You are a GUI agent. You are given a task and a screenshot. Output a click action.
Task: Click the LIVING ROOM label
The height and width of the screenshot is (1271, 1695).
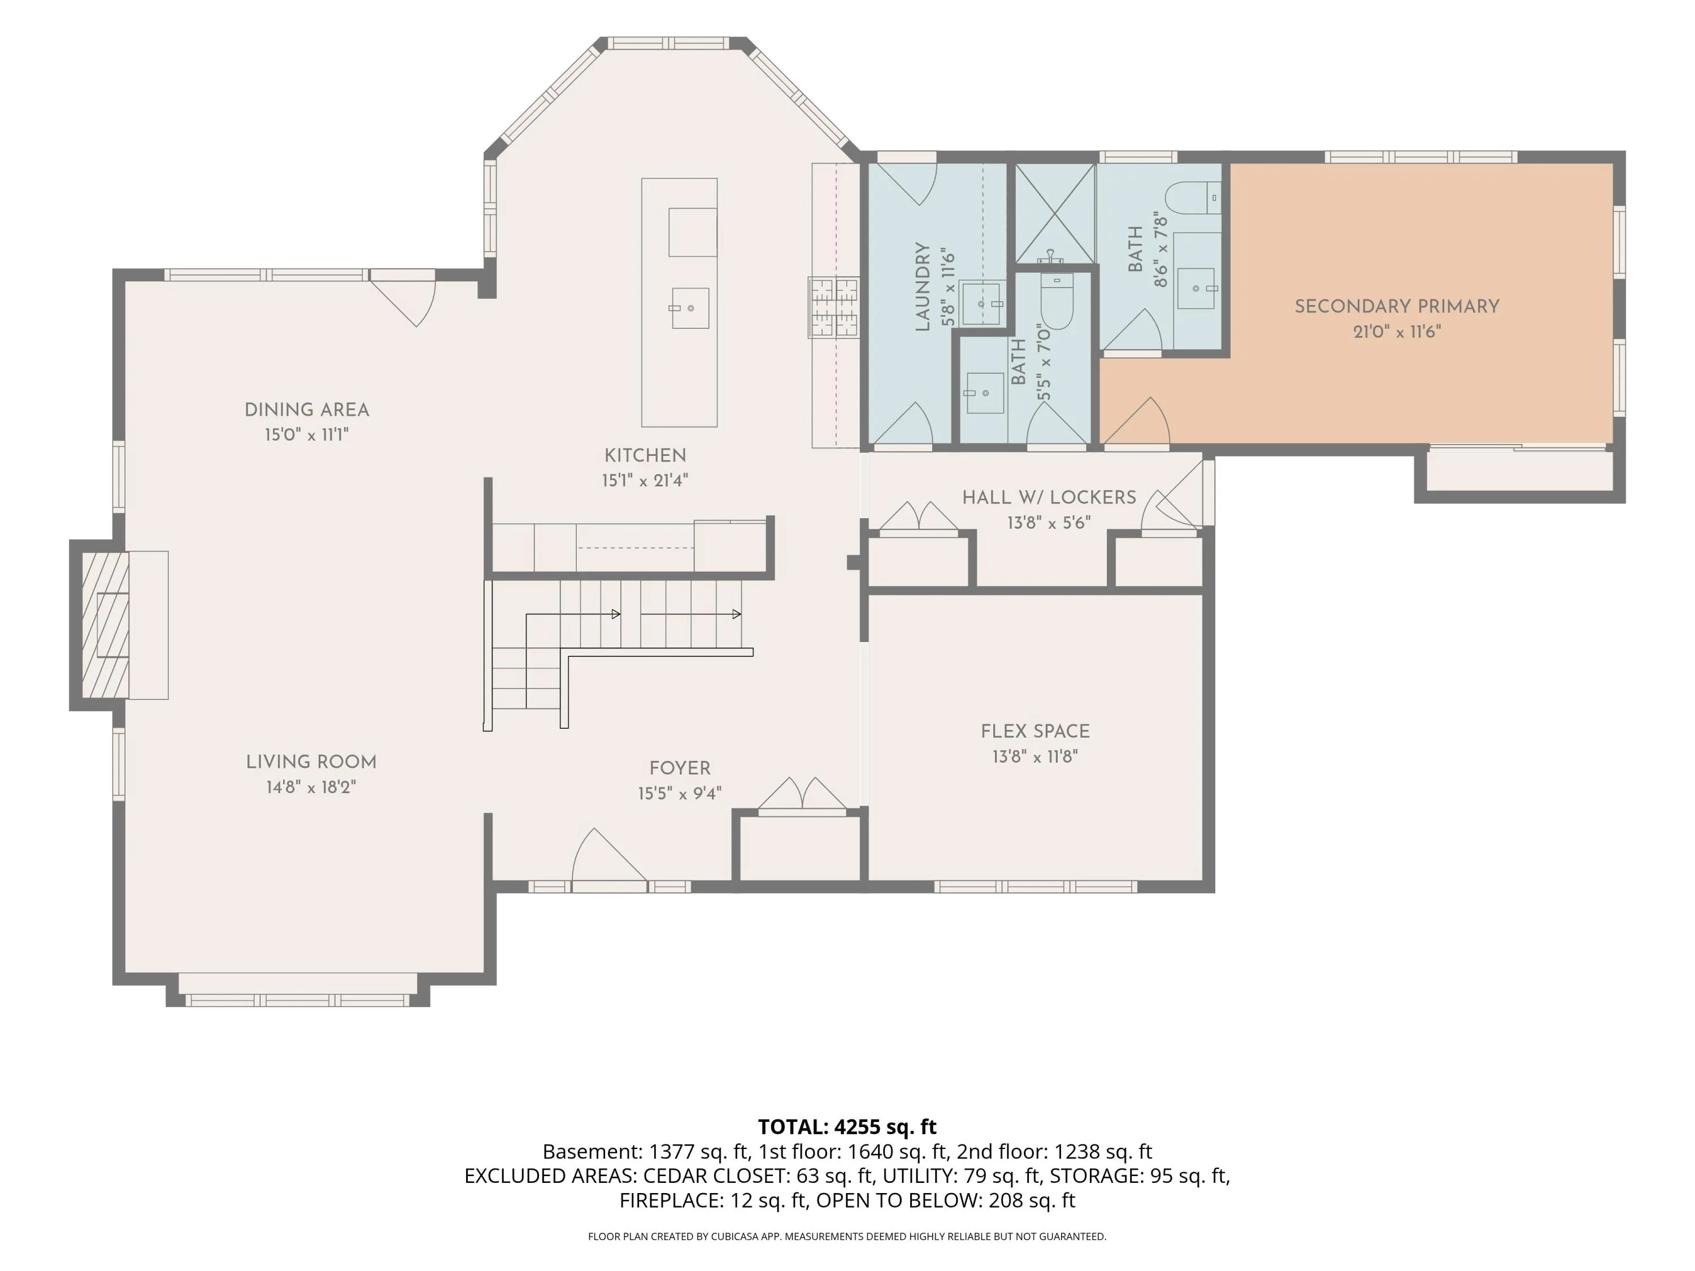pyautogui.click(x=311, y=762)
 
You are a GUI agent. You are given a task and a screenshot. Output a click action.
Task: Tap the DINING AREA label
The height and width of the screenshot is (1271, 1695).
pyautogui.click(x=306, y=410)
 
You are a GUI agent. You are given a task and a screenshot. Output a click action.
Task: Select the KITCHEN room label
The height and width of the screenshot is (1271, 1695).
pyautogui.click(x=645, y=455)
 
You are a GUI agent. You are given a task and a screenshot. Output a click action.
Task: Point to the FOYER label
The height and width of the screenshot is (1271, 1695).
pyautogui.click(x=680, y=768)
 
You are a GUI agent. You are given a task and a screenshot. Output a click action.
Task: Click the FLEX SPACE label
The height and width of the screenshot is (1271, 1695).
pyautogui.click(x=1035, y=732)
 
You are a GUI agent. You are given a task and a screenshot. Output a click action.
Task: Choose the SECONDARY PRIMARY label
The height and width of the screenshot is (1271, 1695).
pyautogui.click(x=1397, y=306)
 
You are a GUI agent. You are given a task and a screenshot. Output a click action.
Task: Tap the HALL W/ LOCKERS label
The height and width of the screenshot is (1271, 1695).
pyautogui.click(x=1049, y=497)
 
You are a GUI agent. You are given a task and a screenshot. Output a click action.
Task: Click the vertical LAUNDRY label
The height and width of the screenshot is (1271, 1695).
pyautogui.click(x=923, y=286)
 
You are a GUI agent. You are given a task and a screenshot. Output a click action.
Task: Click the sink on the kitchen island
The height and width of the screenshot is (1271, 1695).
pyautogui.click(x=690, y=308)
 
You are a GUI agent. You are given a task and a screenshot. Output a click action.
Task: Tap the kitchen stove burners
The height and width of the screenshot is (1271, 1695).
pyautogui.click(x=834, y=307)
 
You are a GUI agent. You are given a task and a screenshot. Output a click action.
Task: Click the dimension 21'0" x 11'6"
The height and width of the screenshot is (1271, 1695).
pyautogui.click(x=1397, y=332)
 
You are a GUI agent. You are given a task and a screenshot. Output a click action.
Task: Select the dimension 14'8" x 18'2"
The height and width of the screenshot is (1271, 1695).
pyautogui.click(x=311, y=787)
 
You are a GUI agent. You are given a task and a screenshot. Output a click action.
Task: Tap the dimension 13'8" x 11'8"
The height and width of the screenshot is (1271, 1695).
pyautogui.click(x=1035, y=757)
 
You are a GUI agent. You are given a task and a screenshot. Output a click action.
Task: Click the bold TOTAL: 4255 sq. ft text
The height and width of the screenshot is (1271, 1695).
pyautogui.click(x=847, y=1127)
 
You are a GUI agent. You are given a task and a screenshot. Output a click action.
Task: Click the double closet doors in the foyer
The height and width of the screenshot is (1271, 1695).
pyautogui.click(x=802, y=794)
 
